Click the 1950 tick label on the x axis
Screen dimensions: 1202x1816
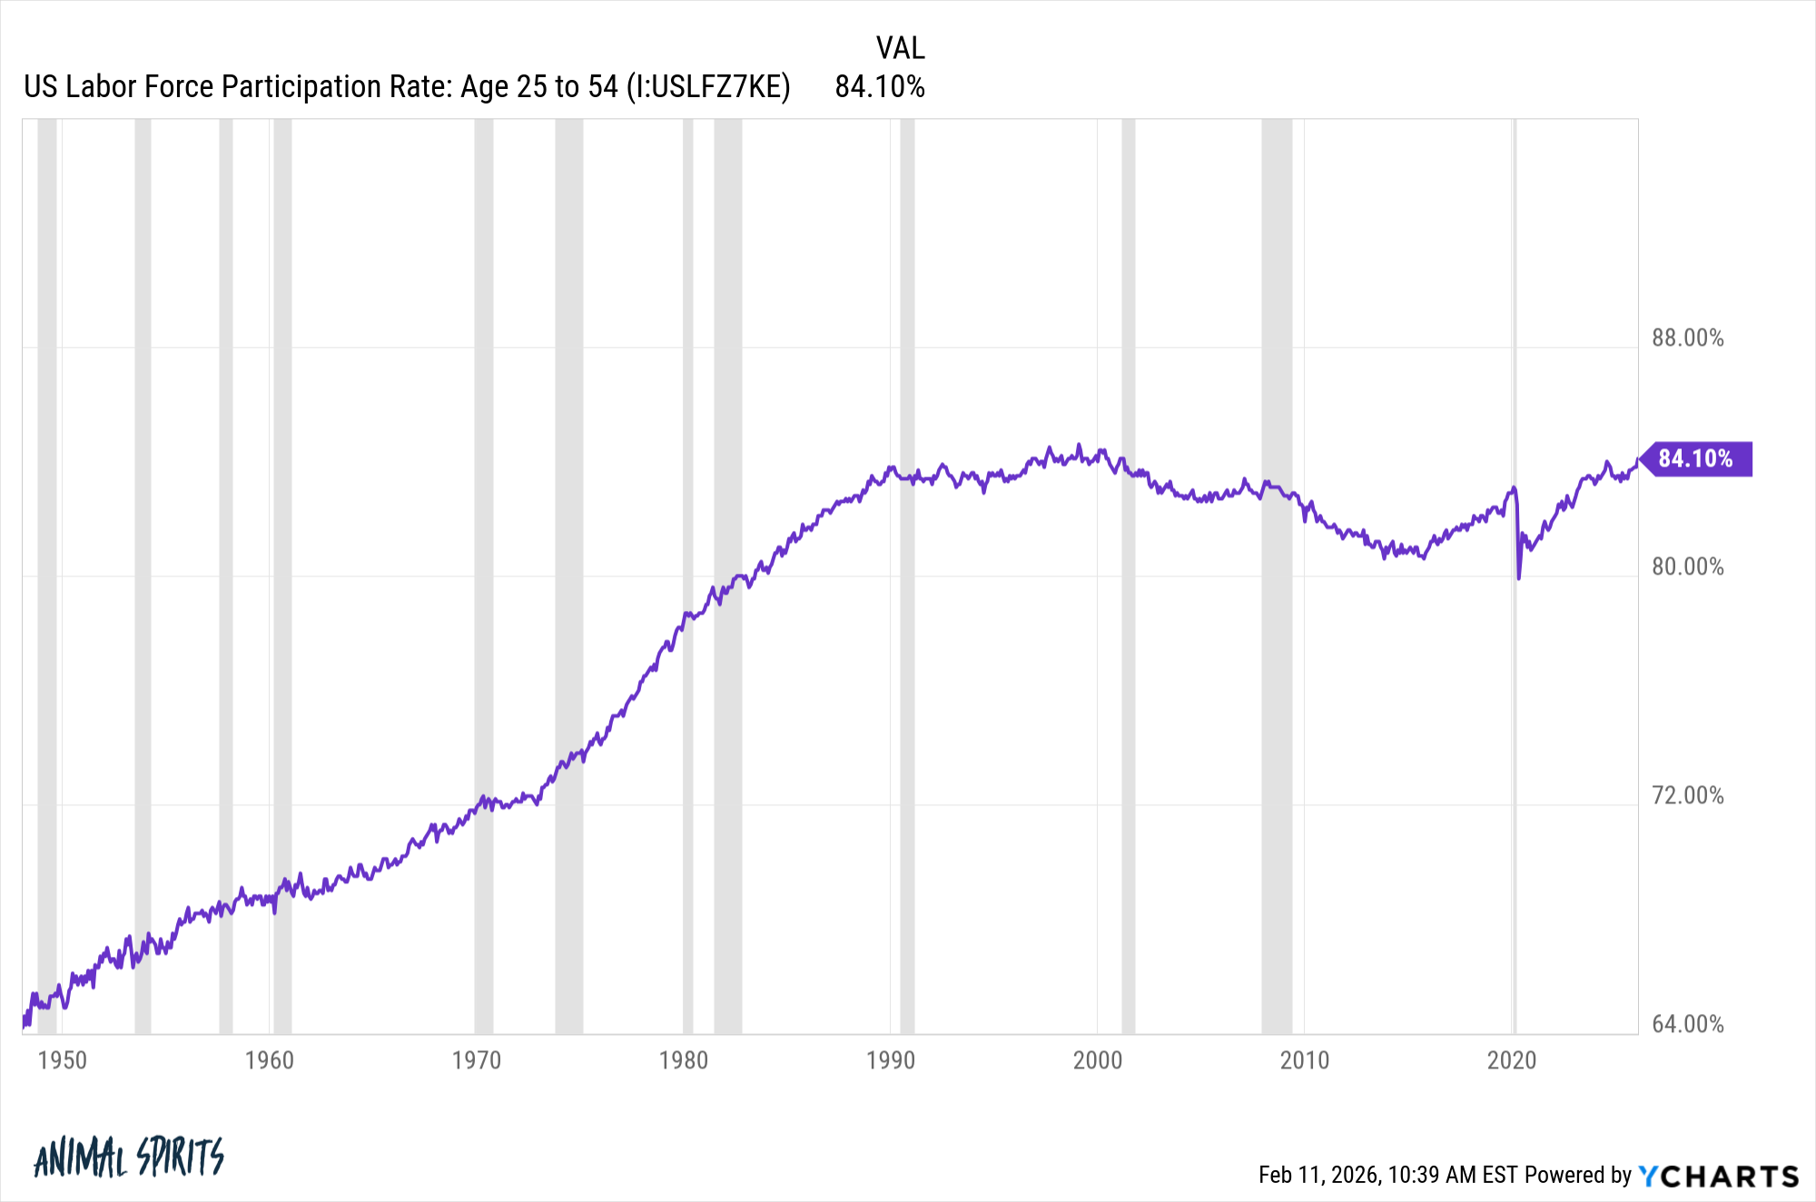[63, 1060]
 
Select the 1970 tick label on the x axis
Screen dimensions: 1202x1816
[477, 1060]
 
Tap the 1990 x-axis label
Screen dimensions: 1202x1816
[891, 1060]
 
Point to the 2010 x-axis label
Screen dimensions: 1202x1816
[1305, 1060]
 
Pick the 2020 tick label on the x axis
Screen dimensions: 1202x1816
[1512, 1060]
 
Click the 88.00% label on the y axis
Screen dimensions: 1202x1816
[1687, 339]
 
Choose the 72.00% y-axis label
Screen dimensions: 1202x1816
[1687, 796]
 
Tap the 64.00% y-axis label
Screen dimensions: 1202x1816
[1687, 1025]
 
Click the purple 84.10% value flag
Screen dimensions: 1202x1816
[1696, 458]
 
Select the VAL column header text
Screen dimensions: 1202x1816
[900, 48]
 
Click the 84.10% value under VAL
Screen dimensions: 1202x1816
[880, 87]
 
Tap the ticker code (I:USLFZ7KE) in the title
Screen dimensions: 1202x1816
[708, 87]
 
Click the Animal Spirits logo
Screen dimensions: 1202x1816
[129, 1158]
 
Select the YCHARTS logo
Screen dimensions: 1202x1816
[1719, 1177]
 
